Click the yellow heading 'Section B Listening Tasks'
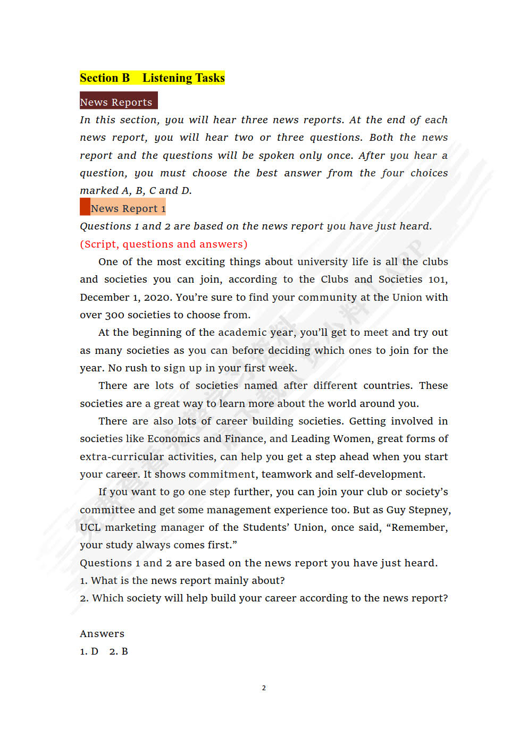tap(152, 78)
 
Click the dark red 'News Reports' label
tap(116, 102)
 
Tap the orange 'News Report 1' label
tap(128, 208)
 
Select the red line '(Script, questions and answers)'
tap(163, 244)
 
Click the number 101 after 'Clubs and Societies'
tap(438, 279)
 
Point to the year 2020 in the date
tap(157, 298)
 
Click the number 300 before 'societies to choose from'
tap(114, 315)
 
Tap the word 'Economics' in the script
tap(173, 439)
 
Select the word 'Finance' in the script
tap(244, 439)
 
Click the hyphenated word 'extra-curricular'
tap(122, 457)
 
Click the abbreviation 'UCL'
tap(89, 528)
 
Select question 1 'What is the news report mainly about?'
tap(182, 581)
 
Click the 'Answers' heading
tap(102, 634)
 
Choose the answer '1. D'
tap(89, 651)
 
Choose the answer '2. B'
tap(119, 651)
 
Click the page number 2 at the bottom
tap(264, 688)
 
